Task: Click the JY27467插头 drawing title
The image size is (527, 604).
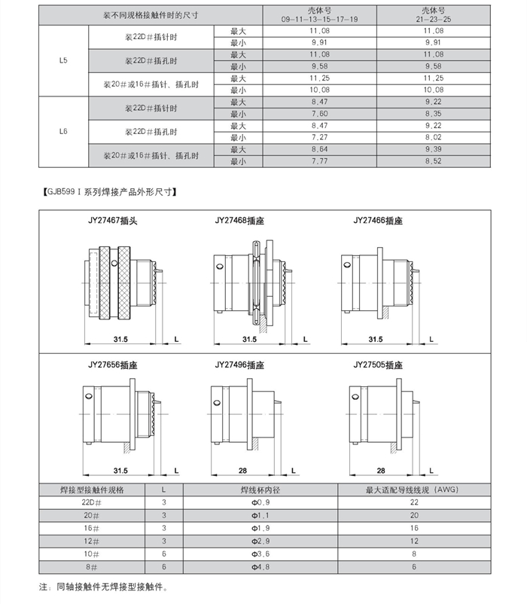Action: click(112, 221)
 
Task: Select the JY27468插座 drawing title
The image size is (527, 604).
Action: click(239, 221)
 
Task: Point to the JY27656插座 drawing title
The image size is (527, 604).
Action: click(112, 365)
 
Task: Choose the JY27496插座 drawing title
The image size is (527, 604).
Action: click(239, 365)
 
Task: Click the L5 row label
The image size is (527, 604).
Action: click(63, 60)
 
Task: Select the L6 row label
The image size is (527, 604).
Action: click(63, 131)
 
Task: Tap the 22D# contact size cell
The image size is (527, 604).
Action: click(91, 502)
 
